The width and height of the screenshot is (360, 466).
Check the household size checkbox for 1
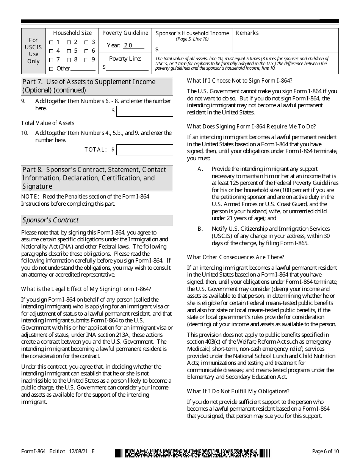point(51,42)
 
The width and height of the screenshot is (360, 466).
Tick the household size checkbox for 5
point(69,51)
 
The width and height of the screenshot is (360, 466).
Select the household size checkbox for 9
point(86,60)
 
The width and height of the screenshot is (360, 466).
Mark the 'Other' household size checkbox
point(51,69)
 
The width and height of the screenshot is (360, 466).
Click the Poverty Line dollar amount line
point(127,67)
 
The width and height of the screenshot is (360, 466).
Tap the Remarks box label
point(247,33)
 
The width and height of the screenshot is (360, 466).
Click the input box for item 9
point(144,111)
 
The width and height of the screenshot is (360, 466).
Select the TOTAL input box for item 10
point(144,150)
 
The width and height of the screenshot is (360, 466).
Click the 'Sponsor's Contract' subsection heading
point(50,220)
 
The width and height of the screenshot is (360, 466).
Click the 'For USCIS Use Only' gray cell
point(33,51)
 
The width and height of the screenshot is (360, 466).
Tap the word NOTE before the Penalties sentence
point(30,196)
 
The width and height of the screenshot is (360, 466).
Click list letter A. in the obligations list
point(200,169)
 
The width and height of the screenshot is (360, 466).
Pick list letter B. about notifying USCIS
point(200,229)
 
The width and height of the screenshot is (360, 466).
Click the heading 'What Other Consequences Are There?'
point(235,257)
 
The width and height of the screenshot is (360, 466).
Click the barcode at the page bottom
point(193,453)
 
